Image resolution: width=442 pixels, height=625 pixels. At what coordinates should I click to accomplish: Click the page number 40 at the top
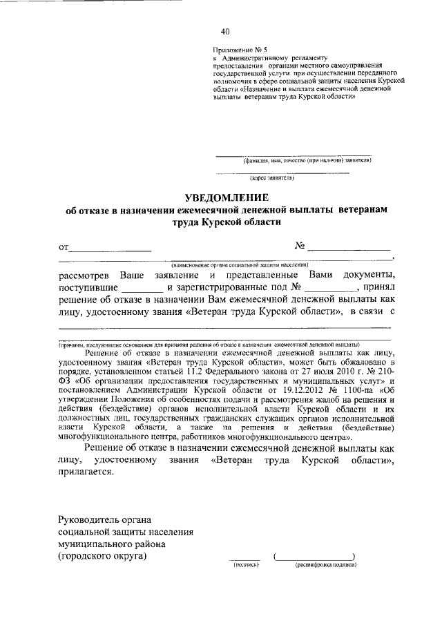point(225,31)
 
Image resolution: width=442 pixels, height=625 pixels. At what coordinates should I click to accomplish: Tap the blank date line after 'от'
point(110,248)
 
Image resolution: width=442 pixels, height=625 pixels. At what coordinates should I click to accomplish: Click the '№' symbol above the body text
point(300,245)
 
